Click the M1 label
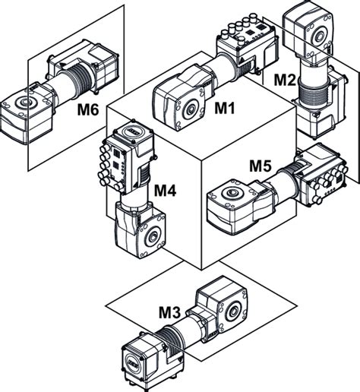pos(225,108)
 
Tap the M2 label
pos(285,80)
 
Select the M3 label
pos(169,312)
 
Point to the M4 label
pos(165,191)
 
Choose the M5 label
pos(261,166)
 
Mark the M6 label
pos(88,110)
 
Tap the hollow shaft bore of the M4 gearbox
pos(153,237)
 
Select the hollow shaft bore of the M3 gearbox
pos(232,311)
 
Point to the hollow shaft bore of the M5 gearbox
pos(232,193)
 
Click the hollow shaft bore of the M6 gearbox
pos(25,102)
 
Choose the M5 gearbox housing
pos(240,206)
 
